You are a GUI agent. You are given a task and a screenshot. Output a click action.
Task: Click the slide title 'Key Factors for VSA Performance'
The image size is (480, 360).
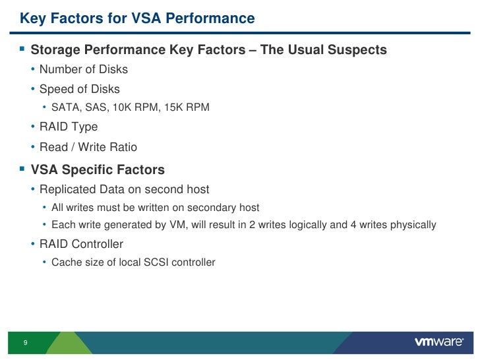coord(137,18)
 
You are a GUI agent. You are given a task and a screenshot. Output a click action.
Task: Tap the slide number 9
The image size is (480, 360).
coord(25,343)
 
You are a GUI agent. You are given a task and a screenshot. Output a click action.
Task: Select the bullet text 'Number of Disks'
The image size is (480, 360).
coord(84,69)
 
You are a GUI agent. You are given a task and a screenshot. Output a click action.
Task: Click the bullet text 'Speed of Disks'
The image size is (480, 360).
coord(80,88)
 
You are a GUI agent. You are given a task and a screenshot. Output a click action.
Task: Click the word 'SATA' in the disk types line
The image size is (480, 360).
coord(64,107)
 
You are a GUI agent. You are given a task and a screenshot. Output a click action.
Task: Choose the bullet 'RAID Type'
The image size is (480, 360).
coord(69,127)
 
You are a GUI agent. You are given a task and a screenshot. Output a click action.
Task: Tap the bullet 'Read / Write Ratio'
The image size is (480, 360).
coord(88,147)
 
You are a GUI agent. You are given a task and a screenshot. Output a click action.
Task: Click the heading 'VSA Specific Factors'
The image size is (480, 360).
coord(98,170)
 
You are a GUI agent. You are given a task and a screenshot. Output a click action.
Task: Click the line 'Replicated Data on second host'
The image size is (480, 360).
coord(124,190)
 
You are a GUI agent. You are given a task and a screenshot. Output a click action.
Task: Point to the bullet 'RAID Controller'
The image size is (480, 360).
coord(81,244)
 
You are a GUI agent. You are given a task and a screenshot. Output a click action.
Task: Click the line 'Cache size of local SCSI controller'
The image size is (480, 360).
coord(133,262)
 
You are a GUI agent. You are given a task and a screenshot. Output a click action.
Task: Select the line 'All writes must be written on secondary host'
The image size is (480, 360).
coord(155,208)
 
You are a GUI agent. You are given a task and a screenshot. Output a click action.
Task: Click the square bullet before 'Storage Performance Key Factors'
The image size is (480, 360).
coord(22,50)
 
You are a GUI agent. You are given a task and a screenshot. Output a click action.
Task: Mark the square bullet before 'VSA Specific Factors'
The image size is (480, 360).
coord(22,170)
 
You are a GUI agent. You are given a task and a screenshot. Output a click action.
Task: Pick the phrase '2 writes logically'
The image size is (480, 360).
coord(288,225)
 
